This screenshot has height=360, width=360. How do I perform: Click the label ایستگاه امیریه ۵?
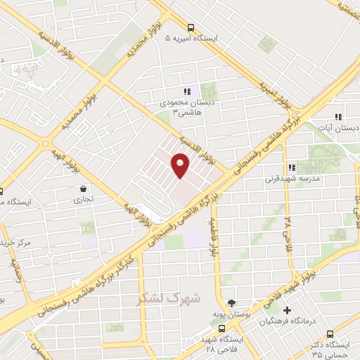[x=193, y=38]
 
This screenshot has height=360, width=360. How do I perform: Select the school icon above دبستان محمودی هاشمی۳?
[x=187, y=91]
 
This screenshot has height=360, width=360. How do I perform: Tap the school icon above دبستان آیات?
[x=338, y=117]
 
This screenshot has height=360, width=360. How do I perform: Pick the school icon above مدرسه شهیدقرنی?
[x=291, y=168]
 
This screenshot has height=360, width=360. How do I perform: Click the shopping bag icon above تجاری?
[x=84, y=189]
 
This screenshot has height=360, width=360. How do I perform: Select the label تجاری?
[x=84, y=200]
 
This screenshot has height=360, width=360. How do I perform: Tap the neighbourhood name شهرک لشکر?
[x=169, y=298]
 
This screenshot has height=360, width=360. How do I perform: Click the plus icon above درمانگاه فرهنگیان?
[x=287, y=310]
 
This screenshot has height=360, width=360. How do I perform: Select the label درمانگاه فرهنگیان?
[x=286, y=321]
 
